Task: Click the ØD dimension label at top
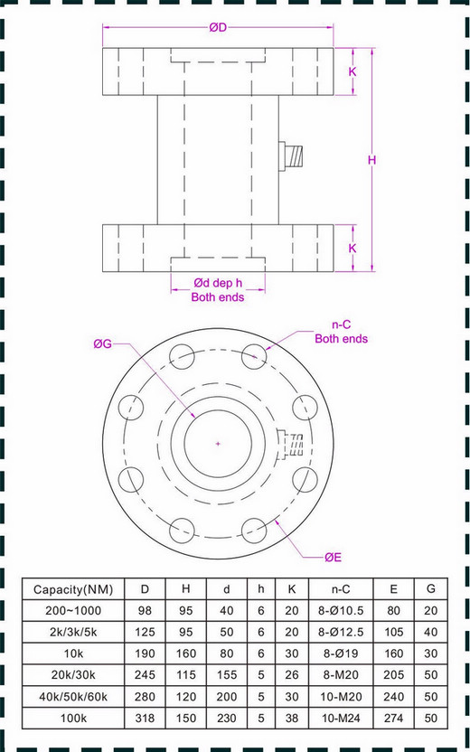point(218,28)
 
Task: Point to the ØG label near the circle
point(102,343)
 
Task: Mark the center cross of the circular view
point(218,443)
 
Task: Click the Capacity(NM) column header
point(73,589)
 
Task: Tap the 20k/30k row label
point(73,673)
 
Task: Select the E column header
point(392,589)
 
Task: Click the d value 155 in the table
point(226,673)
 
